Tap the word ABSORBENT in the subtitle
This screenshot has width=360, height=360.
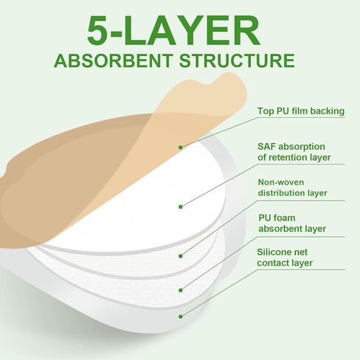[113, 60]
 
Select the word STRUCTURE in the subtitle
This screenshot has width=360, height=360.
[237, 60]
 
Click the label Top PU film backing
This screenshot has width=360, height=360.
[301, 111]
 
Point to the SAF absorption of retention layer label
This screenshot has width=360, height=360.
[294, 152]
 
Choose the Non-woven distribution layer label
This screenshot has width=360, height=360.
[293, 187]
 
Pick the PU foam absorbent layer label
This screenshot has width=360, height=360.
[292, 224]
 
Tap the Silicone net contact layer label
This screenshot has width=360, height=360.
[285, 257]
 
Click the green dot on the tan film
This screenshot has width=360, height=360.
[181, 148]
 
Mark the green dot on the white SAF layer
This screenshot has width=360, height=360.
[181, 207]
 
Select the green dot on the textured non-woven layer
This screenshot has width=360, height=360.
[181, 256]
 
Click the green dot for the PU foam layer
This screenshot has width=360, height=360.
[181, 290]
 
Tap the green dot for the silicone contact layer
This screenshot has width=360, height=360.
[181, 316]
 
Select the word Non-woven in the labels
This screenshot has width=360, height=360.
[281, 182]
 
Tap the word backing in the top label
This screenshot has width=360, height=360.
[328, 111]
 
